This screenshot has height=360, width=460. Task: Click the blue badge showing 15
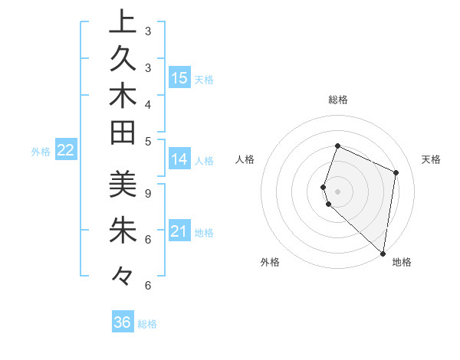[x=179, y=78]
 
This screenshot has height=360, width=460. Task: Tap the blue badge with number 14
[x=179, y=160]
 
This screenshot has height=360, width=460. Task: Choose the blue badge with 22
[x=66, y=151]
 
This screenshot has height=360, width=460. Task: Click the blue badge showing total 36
[x=123, y=322]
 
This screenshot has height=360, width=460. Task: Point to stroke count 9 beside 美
[x=147, y=194]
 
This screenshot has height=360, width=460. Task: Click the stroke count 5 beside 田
[x=147, y=140]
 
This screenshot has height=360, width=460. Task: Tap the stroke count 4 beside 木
[x=147, y=103]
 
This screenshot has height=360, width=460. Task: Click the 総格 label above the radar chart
[x=337, y=100]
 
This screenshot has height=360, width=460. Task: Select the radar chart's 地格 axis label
[x=402, y=262]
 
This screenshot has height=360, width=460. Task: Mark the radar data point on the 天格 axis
[x=396, y=172]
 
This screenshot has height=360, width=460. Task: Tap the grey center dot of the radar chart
[x=337, y=191]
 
